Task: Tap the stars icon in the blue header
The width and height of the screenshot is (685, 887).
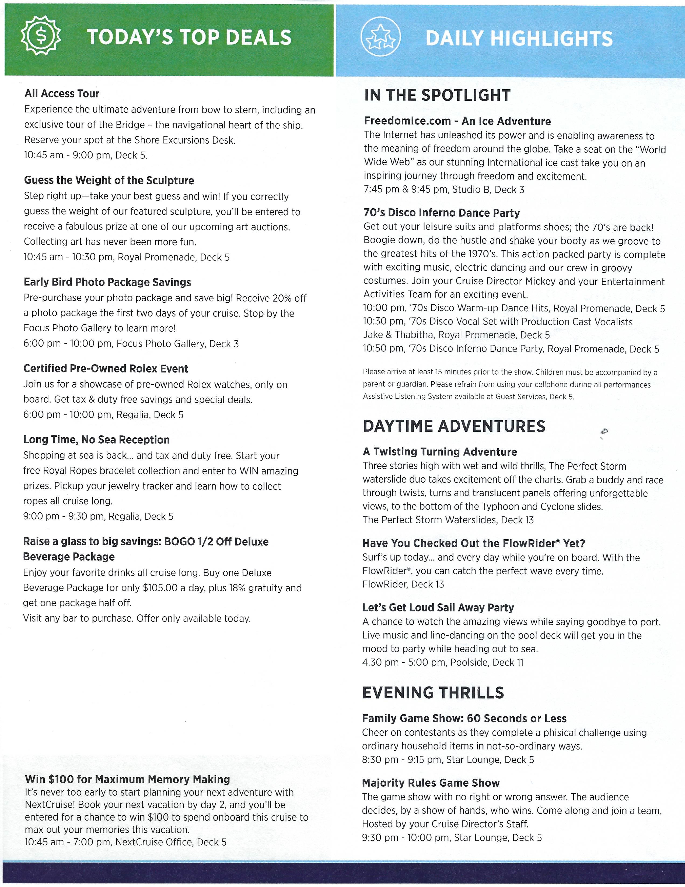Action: (380, 37)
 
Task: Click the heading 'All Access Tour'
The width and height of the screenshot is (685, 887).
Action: (62, 94)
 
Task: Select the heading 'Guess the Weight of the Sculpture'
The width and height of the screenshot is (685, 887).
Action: (109, 180)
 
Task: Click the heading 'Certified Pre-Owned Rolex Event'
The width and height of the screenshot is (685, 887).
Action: (106, 369)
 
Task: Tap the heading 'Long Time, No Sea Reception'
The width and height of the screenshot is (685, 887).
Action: (96, 440)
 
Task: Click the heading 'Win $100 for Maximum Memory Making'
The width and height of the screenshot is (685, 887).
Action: (127, 779)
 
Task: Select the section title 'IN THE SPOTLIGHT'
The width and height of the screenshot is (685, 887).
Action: (437, 96)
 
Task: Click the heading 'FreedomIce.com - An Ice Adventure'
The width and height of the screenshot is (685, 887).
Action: (457, 121)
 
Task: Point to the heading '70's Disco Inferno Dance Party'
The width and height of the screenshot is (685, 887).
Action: (442, 213)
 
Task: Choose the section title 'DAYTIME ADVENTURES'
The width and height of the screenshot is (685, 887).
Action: (454, 427)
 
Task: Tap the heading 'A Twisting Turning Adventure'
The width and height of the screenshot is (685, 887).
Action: (440, 452)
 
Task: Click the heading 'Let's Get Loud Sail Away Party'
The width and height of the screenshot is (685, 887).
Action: (438, 608)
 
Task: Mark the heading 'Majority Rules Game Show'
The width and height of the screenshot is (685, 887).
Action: (431, 783)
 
